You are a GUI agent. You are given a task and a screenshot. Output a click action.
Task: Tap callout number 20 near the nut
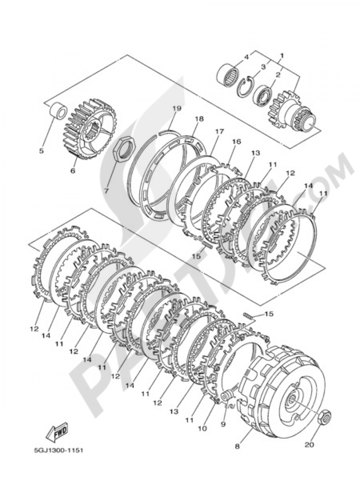pos(309,444)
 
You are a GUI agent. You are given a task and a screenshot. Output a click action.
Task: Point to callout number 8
pos(237,447)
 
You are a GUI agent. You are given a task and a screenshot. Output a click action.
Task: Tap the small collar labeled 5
pos(58,110)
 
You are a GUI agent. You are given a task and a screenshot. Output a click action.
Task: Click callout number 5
pos(41,151)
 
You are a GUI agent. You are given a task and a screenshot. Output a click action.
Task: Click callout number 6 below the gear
pos(73,171)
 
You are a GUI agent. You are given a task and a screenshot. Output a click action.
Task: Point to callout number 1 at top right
pos(282,56)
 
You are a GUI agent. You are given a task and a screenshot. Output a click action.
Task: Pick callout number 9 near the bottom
pos(223,424)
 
